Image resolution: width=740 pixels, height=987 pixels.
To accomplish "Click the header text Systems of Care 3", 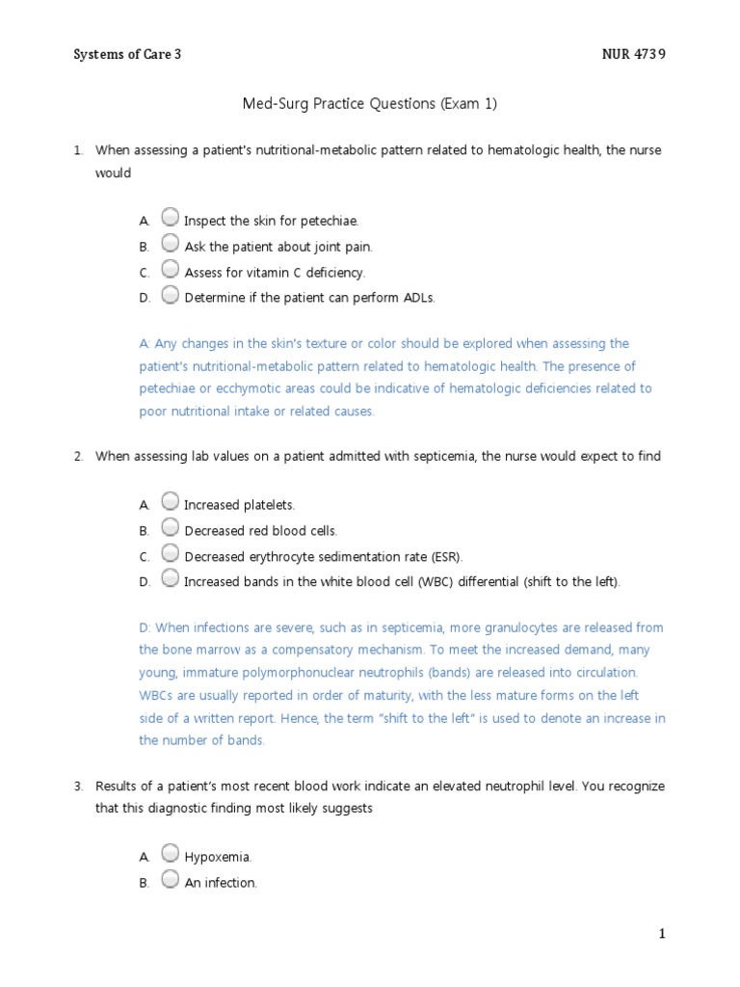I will pos(127,55).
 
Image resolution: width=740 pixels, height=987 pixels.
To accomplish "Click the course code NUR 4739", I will pos(633,55).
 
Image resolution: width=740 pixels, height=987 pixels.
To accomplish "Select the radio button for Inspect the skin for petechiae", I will pos(170,218).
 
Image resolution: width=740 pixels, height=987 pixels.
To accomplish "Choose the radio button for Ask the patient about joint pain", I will pos(170,244).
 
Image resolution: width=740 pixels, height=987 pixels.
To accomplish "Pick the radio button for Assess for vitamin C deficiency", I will pos(170,270).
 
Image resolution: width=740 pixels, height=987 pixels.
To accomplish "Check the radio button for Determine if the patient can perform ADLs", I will pos(170,296).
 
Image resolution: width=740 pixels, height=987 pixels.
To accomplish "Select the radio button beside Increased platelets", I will pos(170,502).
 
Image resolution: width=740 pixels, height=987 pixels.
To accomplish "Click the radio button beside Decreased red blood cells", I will pos(170,528).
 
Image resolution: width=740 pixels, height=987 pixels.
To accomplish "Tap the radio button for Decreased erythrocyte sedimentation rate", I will pos(170,554).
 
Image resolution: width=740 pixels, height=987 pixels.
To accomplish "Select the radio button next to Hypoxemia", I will pos(170,854).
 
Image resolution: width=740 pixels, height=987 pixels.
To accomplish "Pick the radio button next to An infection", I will pos(170,880).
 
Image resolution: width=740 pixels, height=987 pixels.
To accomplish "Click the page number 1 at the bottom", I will pos(662,933).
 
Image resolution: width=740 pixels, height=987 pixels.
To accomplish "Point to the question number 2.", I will pos(78,456).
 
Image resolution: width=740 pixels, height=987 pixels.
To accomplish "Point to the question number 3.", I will pos(78,786).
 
